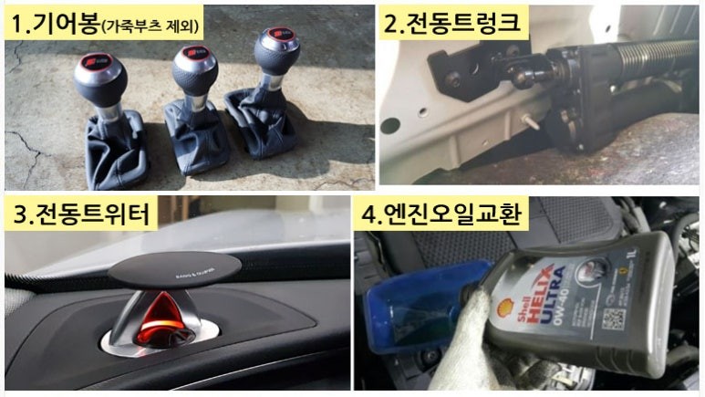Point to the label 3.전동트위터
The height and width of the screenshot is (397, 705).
coord(81,216)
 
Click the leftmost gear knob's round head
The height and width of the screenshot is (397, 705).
coord(99,77)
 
